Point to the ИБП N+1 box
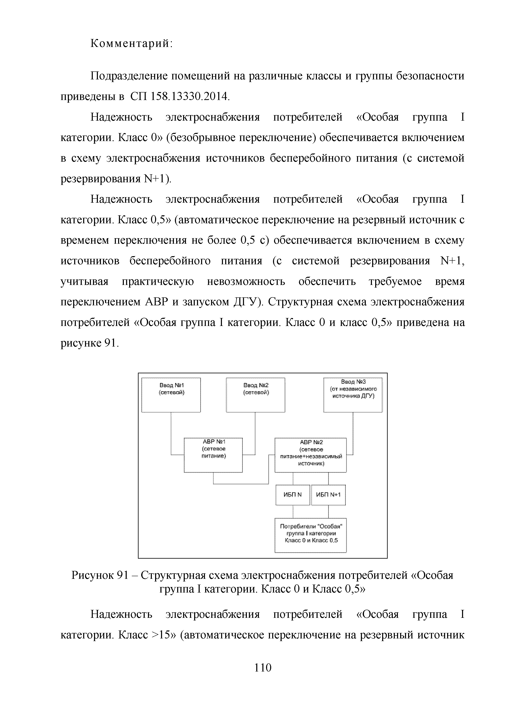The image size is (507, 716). pyautogui.click(x=328, y=495)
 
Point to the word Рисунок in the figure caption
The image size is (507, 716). pyautogui.click(x=92, y=575)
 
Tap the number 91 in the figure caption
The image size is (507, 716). pyautogui.click(x=122, y=575)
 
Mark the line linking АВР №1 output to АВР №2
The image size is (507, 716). pyautogui.click(x=240, y=484)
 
